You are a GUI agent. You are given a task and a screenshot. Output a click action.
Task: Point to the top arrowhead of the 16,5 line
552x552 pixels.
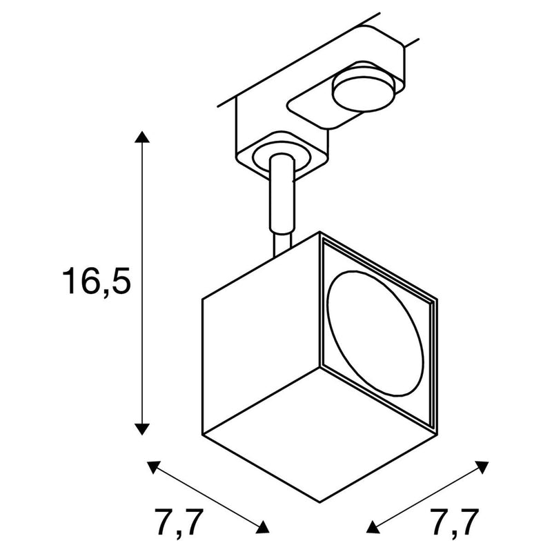coord(142,136)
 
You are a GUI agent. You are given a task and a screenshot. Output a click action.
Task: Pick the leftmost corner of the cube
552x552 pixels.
coord(202,298)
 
